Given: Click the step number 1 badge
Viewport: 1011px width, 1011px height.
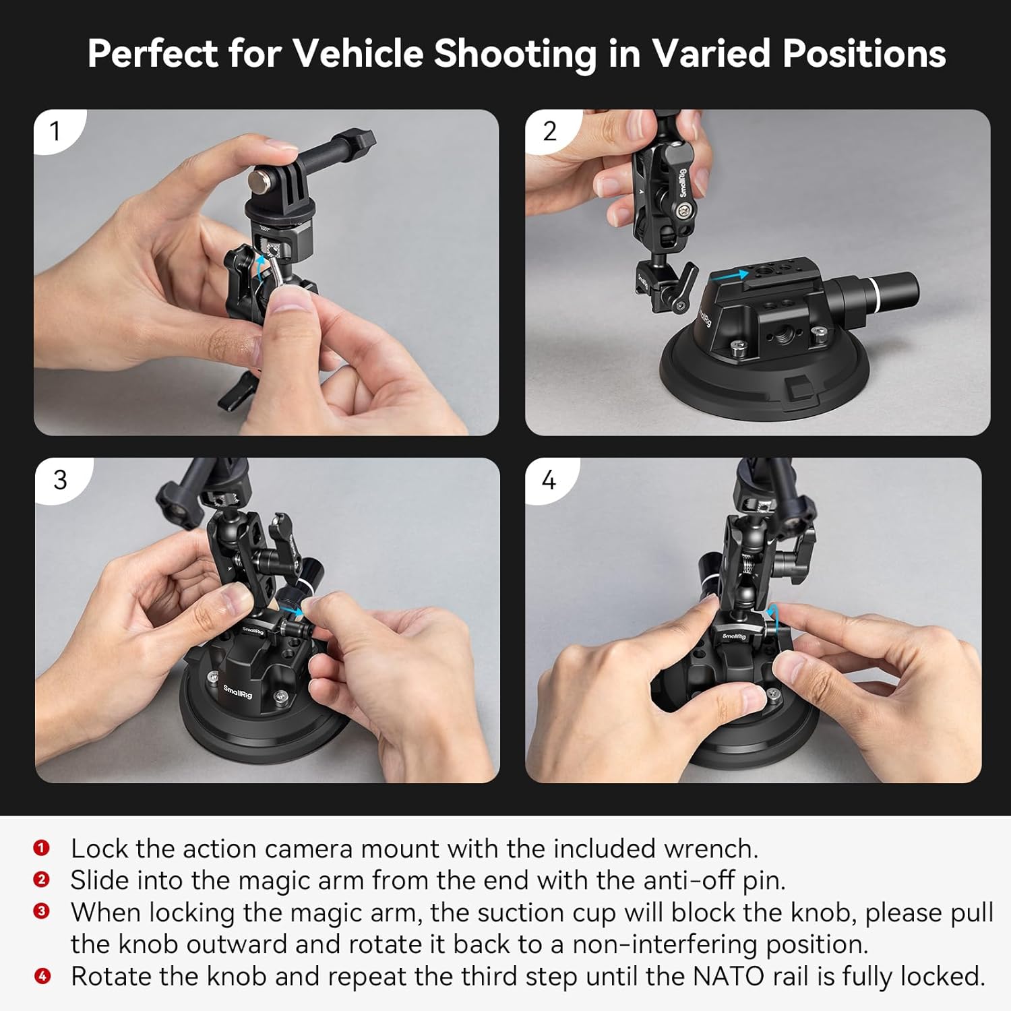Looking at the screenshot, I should pos(55,131).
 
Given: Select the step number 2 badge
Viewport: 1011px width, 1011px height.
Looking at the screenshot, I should pos(549,131).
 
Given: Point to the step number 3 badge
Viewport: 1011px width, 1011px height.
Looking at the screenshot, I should pos(60,480).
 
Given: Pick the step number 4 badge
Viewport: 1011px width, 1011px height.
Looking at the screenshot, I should pos(549,480).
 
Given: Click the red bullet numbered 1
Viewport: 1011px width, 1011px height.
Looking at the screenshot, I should pos(42,848).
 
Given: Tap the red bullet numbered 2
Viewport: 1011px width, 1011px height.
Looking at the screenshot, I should pos(42,880).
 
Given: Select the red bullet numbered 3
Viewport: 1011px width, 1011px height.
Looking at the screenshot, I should pos(42,911).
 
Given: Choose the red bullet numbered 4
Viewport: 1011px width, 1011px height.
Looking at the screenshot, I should pos(42,975).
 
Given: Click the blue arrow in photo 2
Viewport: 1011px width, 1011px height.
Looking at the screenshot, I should pos(730,275).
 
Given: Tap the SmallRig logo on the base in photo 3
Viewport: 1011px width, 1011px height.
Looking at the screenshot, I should pos(238,691).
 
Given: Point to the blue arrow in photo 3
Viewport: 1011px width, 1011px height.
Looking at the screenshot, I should pos(293,609).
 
